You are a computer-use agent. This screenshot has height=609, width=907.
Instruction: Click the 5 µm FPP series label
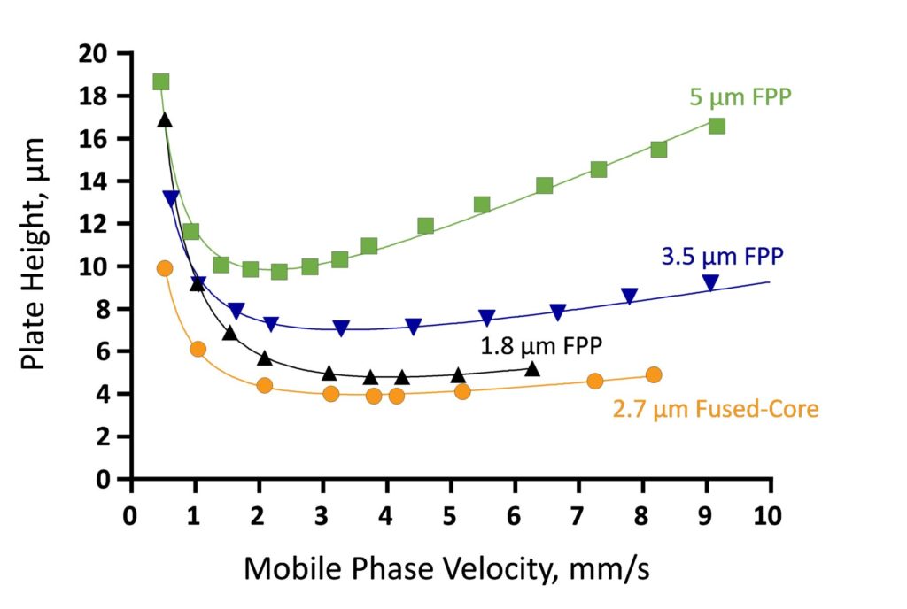tap(740, 96)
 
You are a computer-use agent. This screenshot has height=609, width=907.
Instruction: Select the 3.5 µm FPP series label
tap(722, 257)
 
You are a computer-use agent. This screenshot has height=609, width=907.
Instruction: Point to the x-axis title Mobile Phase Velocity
tap(446, 568)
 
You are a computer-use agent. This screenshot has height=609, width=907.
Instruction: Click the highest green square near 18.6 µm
tap(160, 82)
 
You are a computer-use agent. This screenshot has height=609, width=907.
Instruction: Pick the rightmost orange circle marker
tap(654, 374)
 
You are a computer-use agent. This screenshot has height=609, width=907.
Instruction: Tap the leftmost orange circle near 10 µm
tap(164, 268)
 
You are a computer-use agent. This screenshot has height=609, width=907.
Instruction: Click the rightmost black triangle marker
tap(532, 368)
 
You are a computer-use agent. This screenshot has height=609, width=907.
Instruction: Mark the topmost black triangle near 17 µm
tap(164, 119)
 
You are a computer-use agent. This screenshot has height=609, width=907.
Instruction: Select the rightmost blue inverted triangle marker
tap(710, 282)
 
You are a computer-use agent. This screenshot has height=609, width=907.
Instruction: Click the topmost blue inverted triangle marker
tap(170, 197)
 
